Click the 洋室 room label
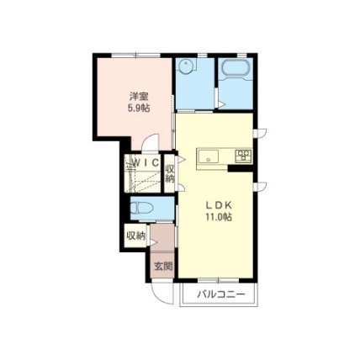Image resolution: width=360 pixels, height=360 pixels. (x=139, y=97)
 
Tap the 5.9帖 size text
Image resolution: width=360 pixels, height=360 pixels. (x=139, y=108)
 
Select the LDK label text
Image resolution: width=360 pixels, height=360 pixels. (x=219, y=205)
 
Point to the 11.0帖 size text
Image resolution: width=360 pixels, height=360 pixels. (x=219, y=217)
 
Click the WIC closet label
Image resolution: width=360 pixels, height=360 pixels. (x=146, y=162)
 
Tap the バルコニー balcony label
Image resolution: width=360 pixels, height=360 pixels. (x=221, y=294)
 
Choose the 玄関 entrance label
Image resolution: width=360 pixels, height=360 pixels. (x=163, y=267)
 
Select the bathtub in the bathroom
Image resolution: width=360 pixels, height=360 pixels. (x=236, y=67)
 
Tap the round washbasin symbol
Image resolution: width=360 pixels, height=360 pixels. (x=186, y=66)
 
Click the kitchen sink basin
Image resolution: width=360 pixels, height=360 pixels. (x=209, y=156)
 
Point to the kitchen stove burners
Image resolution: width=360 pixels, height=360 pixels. (x=243, y=156)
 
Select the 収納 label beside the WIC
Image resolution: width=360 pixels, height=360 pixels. (x=170, y=174)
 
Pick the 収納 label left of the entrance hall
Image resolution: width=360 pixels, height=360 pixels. (x=135, y=236)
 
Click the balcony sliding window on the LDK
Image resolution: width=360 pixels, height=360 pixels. (x=219, y=280)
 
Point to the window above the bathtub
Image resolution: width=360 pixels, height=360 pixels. (x=241, y=55)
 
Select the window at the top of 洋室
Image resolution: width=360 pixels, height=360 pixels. (x=136, y=55)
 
